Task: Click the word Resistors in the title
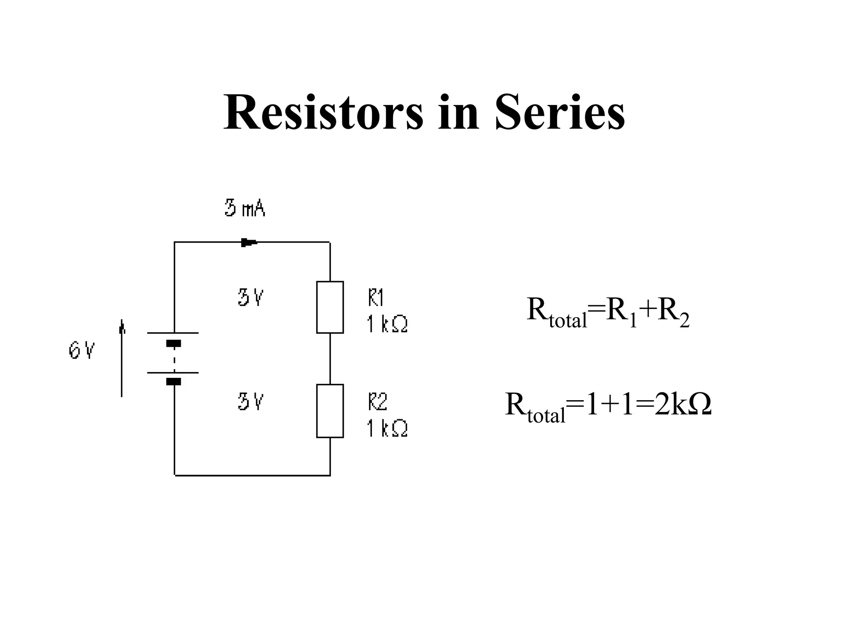[x=323, y=113]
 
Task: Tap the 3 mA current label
[x=245, y=208]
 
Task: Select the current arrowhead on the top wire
[x=249, y=243]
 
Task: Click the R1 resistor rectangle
[x=330, y=307]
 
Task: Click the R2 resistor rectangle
[x=330, y=411]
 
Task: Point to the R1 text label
[x=376, y=298]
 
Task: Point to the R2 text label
[x=377, y=402]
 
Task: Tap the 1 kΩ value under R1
[x=387, y=324]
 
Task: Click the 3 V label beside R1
[x=250, y=298]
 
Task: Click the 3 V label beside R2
[x=250, y=401]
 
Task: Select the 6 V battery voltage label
[x=82, y=351]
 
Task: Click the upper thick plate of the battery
[x=174, y=343]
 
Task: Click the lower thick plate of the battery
[x=174, y=382]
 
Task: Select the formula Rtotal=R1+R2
[x=608, y=312]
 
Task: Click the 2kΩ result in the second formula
[x=683, y=405]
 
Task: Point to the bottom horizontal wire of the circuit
[x=252, y=475]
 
